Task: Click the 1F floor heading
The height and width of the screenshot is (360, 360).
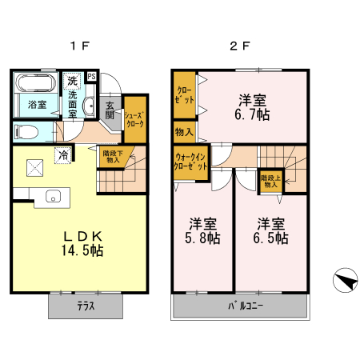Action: point(77,46)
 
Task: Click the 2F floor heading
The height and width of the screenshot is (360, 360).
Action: point(240,46)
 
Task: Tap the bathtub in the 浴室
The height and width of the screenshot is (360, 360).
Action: point(37,84)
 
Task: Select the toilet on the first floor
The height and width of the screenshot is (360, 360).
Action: point(26,132)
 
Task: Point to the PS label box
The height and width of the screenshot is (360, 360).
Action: point(92,77)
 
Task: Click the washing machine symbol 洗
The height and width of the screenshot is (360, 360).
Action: point(73,81)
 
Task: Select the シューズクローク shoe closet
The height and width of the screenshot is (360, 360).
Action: point(134,120)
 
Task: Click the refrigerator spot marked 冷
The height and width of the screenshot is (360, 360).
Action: point(62,156)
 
